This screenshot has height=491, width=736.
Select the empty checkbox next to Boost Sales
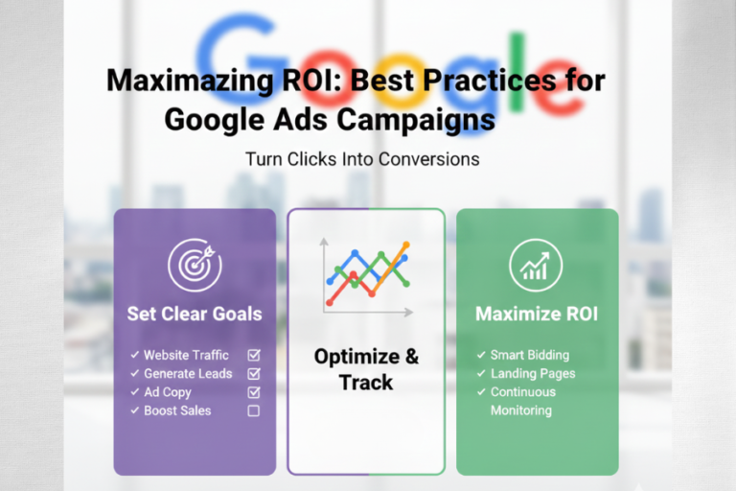coord(254,410)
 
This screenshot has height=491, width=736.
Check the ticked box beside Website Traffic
coord(254,355)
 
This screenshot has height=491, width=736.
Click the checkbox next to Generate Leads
coord(254,373)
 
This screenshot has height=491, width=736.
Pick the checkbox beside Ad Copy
coord(254,391)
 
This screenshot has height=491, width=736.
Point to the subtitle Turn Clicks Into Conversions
coord(362,158)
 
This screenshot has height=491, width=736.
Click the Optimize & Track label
coord(366,369)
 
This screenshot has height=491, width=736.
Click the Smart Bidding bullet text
coord(529,355)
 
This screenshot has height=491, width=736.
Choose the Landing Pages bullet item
coord(533,373)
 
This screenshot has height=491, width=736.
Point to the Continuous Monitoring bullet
coord(523,401)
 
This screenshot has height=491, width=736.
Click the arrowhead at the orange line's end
coord(405,245)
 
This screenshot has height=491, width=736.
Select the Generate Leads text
coord(188,373)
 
